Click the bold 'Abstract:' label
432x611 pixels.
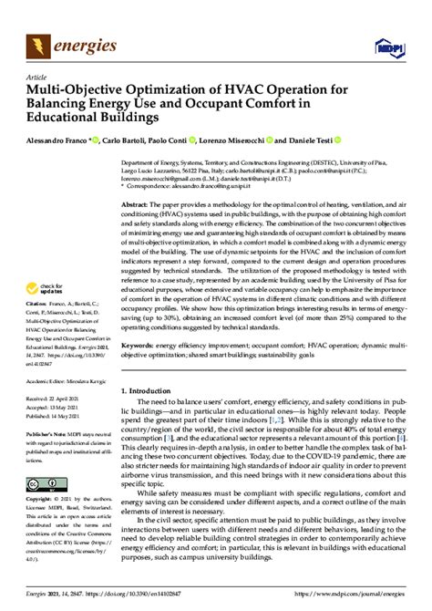point(136,206)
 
